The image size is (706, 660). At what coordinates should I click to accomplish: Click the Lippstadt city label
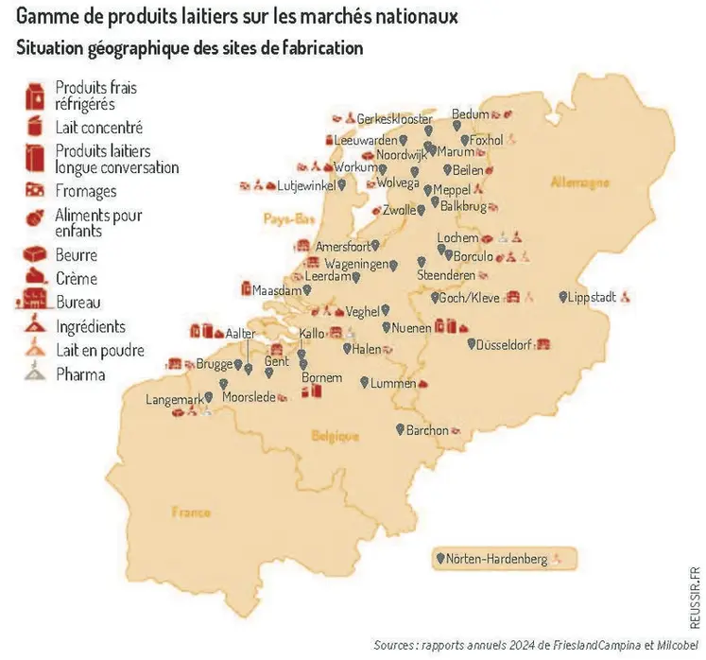point(593,297)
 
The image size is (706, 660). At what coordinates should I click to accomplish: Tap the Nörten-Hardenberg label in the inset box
point(497,559)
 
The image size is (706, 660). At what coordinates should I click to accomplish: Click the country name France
point(191,512)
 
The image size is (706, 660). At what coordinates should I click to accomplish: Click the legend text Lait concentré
point(98,127)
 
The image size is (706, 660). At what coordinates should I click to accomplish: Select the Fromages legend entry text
point(86,191)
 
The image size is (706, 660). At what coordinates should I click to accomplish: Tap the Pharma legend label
point(80,374)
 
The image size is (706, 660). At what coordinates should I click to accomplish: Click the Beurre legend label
point(77,255)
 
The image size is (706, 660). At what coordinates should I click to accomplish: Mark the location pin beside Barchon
point(399,430)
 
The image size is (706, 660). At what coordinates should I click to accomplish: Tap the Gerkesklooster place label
point(395,119)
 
